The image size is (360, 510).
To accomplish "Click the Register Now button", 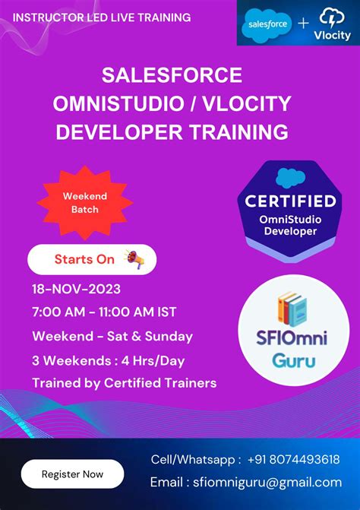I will pyautogui.click(x=72, y=474).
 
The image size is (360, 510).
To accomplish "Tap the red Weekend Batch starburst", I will pyautogui.click(x=85, y=202).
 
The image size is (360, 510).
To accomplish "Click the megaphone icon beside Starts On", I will pyautogui.click(x=134, y=259).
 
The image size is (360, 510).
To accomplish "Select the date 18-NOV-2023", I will pyautogui.click(x=76, y=289).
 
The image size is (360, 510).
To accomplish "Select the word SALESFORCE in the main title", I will pyautogui.click(x=172, y=75).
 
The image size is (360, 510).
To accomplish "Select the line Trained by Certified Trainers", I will pyautogui.click(x=124, y=383).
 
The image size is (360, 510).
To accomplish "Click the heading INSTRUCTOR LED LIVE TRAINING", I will pyautogui.click(x=102, y=17).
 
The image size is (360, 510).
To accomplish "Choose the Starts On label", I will pyautogui.click(x=84, y=259).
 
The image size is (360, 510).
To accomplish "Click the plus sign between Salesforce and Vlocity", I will pyautogui.click(x=303, y=24).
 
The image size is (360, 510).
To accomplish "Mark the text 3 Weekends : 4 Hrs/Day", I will pyautogui.click(x=109, y=360).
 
